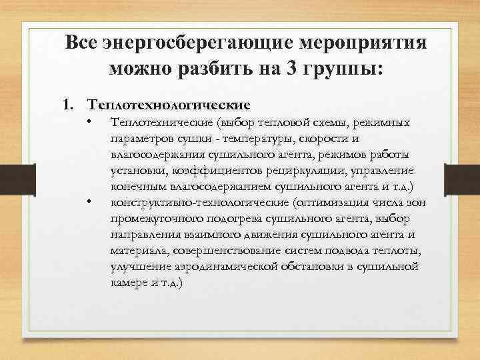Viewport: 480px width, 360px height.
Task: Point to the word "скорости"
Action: pyautogui.click(x=327, y=138)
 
